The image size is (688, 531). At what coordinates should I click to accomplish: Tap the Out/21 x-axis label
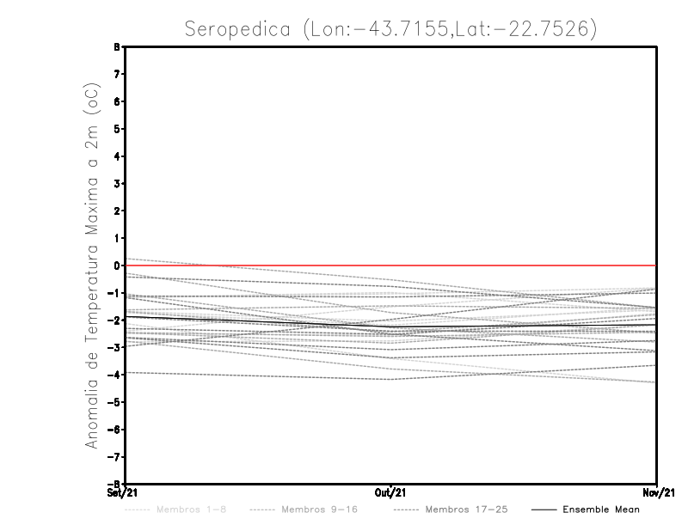[391, 492]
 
